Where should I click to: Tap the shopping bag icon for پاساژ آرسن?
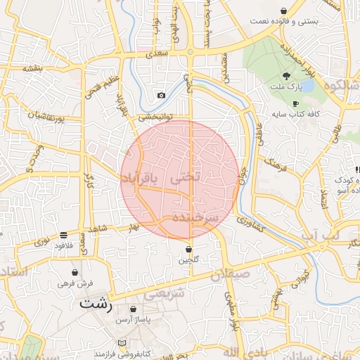pos(133,308)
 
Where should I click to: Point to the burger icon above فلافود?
pos(64,235)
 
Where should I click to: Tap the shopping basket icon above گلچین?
pos(189,249)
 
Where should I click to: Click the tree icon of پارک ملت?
pos(285,76)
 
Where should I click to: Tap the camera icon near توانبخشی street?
pos(161,95)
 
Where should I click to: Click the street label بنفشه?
pos(33,68)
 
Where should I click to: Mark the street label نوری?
pos(41,241)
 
